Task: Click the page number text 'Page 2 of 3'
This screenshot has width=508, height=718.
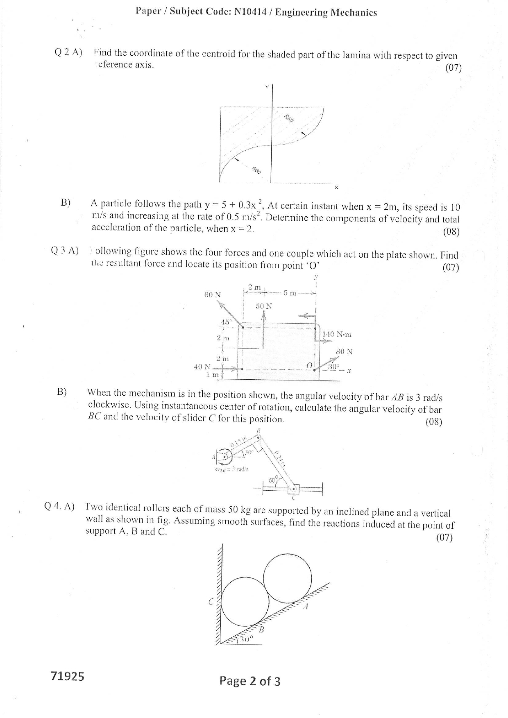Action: (250, 681)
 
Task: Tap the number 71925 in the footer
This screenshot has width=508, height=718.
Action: (68, 676)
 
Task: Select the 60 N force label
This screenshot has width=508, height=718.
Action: (212, 294)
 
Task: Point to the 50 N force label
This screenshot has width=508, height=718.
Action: (264, 306)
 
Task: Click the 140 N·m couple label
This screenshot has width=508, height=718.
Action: (337, 334)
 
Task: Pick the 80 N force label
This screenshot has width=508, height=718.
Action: (344, 351)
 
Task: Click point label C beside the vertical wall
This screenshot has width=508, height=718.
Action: (211, 602)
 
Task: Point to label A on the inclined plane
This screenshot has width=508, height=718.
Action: (305, 607)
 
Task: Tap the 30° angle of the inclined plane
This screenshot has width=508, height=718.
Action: (247, 639)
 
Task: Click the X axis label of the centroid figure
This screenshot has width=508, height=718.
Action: (336, 188)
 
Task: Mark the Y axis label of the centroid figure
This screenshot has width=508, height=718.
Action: (267, 87)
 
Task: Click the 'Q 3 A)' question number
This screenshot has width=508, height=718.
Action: (65, 251)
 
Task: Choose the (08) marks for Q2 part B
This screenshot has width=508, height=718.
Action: (451, 231)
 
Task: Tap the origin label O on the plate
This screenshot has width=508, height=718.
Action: (310, 365)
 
